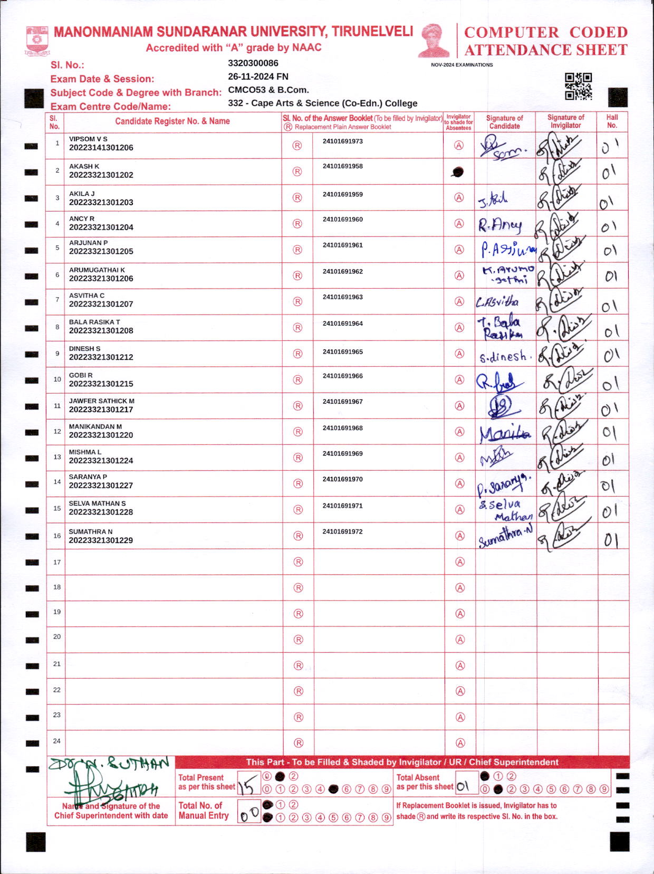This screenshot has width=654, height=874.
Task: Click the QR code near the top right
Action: click(578, 86)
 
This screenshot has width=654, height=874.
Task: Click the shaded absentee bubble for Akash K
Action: click(458, 172)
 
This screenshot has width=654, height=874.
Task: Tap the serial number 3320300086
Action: click(253, 63)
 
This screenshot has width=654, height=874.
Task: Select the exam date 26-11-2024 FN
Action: click(258, 77)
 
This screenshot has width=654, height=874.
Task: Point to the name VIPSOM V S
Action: click(88, 139)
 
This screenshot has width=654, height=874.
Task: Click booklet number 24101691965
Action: click(343, 351)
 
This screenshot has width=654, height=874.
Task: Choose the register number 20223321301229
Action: click(101, 540)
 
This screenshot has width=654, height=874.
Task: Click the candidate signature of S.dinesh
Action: click(504, 357)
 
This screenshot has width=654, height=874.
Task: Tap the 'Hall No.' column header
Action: click(612, 121)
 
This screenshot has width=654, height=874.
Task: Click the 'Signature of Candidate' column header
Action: click(504, 122)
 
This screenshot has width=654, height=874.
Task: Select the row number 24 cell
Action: click(56, 741)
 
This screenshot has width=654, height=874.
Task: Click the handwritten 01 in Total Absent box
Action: click(463, 787)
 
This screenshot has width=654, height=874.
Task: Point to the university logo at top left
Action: click(37, 41)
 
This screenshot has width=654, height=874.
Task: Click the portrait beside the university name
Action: click(434, 40)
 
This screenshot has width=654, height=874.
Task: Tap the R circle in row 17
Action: click(298, 562)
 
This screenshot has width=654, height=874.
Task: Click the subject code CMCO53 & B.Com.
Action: click(268, 90)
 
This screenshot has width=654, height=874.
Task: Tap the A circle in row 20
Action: click(460, 640)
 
